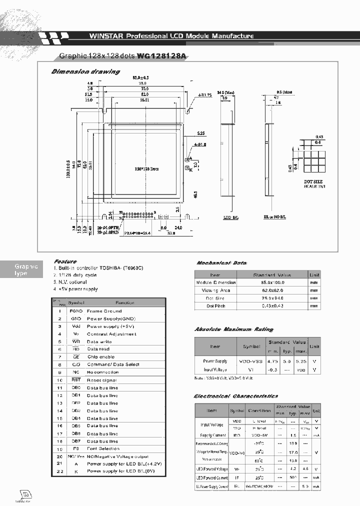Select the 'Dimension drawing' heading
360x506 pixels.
[x=85, y=71]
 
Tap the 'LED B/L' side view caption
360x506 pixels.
[x=230, y=218]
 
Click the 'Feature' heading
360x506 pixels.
[x=65, y=261]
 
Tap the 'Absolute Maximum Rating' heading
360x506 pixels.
[x=234, y=329]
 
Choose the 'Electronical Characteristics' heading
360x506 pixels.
[x=236, y=396]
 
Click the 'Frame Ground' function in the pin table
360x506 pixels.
[x=104, y=311]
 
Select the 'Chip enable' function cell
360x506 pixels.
[x=100, y=357]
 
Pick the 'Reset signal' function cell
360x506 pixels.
[x=101, y=380]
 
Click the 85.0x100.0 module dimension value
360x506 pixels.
[x=272, y=282]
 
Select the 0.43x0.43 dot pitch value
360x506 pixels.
[x=272, y=305]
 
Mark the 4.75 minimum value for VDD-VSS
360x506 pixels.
[x=273, y=360]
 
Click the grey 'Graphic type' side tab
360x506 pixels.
[x=26, y=270]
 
